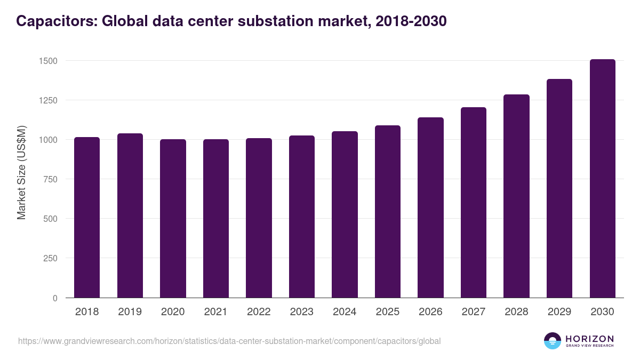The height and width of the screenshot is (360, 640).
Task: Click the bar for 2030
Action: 602,179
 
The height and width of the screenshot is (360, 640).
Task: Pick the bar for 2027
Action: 474,203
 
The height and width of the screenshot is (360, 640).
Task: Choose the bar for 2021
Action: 216,219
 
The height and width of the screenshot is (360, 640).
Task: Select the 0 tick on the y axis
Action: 55,298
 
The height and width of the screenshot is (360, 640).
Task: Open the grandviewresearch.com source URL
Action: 229,341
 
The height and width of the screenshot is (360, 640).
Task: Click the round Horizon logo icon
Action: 553,341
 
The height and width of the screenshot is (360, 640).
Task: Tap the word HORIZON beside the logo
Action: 589,338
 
